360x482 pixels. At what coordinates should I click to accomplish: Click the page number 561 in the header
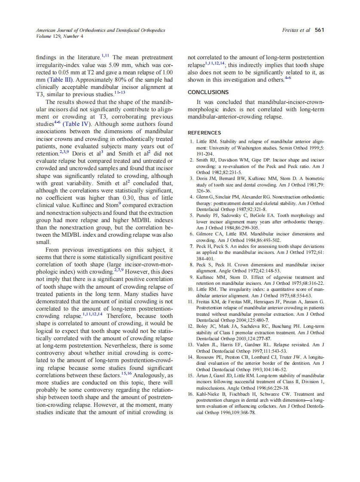319,30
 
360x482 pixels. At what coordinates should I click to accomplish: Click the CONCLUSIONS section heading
208,92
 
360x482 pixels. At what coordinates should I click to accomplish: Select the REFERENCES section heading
204,133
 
